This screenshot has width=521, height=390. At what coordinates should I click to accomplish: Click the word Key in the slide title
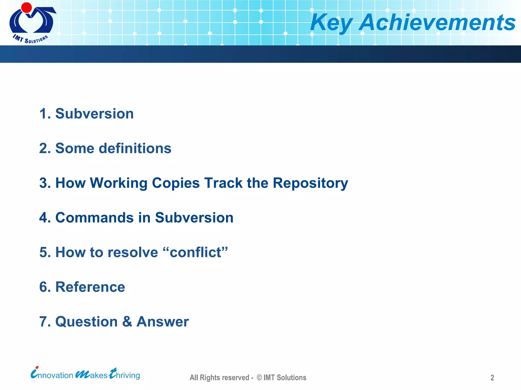pyautogui.click(x=331, y=23)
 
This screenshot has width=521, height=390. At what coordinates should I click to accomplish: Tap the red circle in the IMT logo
pyautogui.click(x=26, y=8)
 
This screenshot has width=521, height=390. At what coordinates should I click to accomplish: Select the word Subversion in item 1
pyautogui.click(x=94, y=113)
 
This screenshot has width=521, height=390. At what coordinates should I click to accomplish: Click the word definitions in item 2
pyautogui.click(x=135, y=148)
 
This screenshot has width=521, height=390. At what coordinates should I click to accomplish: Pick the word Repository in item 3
pyautogui.click(x=310, y=183)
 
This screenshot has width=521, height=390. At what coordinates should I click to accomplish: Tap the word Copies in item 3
pyautogui.click(x=176, y=183)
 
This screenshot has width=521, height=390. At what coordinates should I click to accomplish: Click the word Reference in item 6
pyautogui.click(x=90, y=287)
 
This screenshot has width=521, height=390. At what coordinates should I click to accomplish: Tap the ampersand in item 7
pyautogui.click(x=127, y=322)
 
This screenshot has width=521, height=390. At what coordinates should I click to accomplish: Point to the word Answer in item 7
pyautogui.click(x=163, y=322)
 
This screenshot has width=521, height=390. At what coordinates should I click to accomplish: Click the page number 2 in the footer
pyautogui.click(x=492, y=378)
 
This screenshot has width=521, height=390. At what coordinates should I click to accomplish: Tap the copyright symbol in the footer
pyautogui.click(x=259, y=378)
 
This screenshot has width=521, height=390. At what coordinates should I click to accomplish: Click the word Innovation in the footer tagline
pyautogui.click(x=52, y=374)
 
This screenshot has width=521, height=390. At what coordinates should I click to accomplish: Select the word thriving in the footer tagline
pyautogui.click(x=125, y=374)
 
